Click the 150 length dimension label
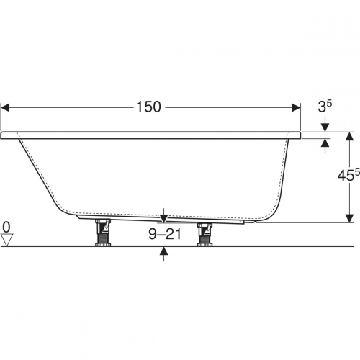click(148, 107)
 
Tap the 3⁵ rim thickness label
click(325, 106)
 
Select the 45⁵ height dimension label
click(348, 175)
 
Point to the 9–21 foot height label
click(165, 234)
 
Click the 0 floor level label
click(6, 227)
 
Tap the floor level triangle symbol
click(6, 240)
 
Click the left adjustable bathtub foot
click(103, 232)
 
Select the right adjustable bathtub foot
click(204, 234)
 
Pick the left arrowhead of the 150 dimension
click(5, 107)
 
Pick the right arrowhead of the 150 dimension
click(296, 107)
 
